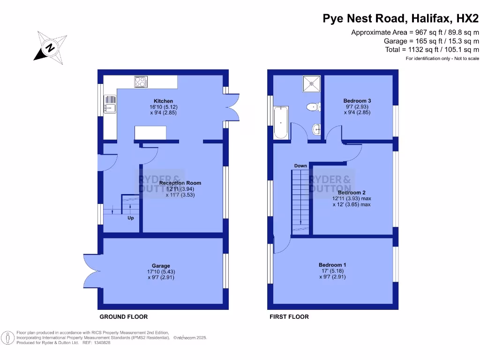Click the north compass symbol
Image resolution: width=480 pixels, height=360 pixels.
pos(49,47)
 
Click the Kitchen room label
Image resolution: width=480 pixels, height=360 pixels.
pos(163,101)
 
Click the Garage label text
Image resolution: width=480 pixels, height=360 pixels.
pos(161,266)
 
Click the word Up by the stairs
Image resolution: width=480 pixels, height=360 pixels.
pos(131,218)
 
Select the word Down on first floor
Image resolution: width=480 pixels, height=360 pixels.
pos(300,166)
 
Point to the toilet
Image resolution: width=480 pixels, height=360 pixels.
pos(312,107)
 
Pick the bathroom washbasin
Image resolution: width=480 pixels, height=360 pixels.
pos(317,128)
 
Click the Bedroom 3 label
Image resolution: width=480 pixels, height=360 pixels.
pos(357,101)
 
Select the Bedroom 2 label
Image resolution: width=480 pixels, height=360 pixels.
pos(352,193)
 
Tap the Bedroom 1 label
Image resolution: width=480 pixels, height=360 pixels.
pos(332,265)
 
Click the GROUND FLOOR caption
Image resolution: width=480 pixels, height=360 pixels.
pos(119,317)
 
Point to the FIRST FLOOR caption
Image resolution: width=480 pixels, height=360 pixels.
pos(289,317)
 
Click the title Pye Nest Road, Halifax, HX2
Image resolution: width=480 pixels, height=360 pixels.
pos(401,19)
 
